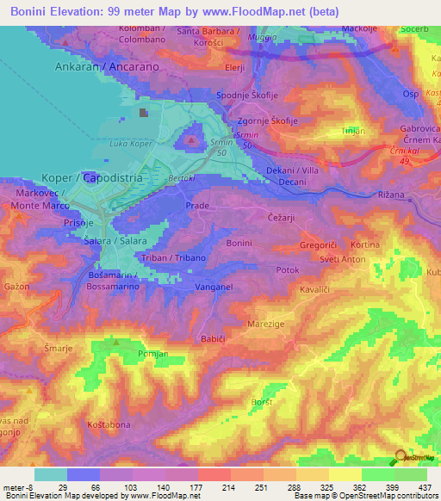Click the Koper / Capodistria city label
(91, 177)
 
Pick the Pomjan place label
(154, 354)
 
